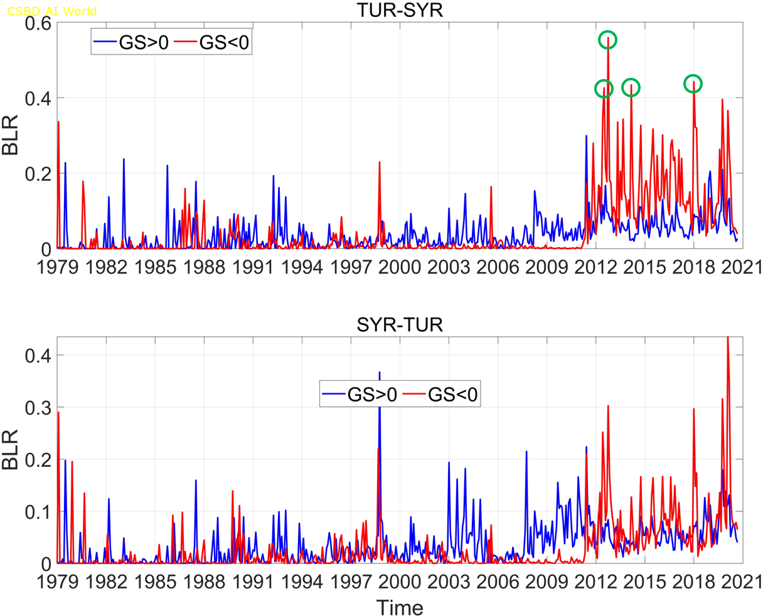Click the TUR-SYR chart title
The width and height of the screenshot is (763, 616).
click(400, 10)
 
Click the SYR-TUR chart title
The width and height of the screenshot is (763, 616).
click(400, 325)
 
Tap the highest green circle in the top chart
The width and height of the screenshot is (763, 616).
click(607, 40)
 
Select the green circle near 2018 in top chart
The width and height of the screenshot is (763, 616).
click(693, 84)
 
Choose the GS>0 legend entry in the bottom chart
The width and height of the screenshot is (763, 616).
click(359, 395)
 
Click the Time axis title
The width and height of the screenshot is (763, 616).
click(400, 607)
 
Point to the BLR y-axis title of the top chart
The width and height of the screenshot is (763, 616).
click(12, 135)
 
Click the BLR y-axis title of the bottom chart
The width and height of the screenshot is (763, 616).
click(12, 450)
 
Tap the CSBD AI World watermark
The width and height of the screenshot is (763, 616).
click(52, 11)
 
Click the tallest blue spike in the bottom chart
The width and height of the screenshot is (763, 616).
click(379, 374)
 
